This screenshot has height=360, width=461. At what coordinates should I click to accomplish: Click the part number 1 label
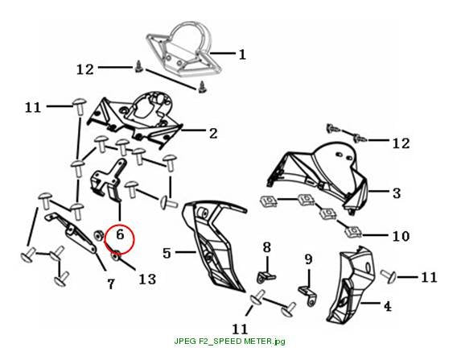(242, 55)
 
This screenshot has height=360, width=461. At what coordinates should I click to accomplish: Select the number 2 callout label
(213, 134)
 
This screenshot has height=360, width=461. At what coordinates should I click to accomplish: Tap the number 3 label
(397, 193)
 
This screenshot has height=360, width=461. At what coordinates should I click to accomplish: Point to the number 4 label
(388, 306)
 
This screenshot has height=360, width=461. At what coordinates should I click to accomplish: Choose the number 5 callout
(167, 253)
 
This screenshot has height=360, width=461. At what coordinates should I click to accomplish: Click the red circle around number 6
(119, 238)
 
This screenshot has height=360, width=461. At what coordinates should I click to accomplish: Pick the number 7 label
(110, 284)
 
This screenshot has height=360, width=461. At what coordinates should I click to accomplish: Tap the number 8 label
(266, 247)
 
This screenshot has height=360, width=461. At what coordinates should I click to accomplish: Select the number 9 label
(308, 259)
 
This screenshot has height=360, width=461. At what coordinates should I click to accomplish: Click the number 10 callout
(401, 236)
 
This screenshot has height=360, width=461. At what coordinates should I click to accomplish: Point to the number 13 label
(147, 279)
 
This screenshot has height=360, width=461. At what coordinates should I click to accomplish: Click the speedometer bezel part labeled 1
(183, 48)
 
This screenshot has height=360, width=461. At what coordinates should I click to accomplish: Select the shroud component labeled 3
(318, 176)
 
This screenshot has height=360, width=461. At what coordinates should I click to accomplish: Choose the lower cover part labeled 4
(352, 286)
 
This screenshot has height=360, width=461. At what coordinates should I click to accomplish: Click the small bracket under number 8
(266, 277)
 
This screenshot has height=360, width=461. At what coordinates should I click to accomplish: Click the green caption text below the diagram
(229, 341)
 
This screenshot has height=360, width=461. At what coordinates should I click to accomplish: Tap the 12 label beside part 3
(401, 143)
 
